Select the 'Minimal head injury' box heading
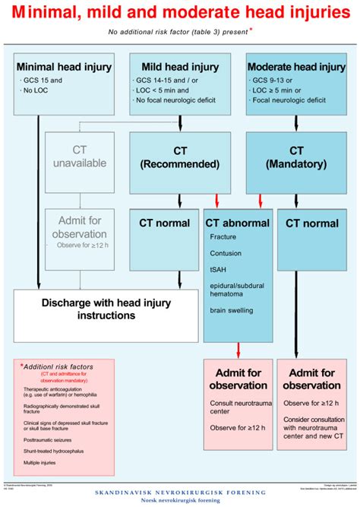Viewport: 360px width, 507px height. pyautogui.click(x=64, y=67)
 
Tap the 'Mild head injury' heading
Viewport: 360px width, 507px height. pyautogui.click(x=179, y=67)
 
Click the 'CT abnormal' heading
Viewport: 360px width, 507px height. pyautogui.click(x=238, y=223)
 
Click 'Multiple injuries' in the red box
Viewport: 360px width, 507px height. pyautogui.click(x=42, y=462)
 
